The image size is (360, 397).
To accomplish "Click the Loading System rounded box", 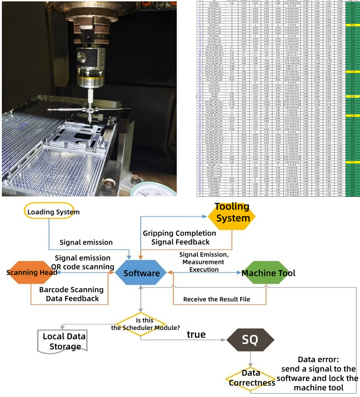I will [x=54, y=212].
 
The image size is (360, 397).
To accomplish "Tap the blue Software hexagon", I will [x=142, y=273].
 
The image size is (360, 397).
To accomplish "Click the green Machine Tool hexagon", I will [x=268, y=273].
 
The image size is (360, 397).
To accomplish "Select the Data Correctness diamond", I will [x=252, y=378].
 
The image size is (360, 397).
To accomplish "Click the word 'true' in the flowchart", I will [x=196, y=334].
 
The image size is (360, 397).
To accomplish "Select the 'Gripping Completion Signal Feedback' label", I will [x=176, y=237].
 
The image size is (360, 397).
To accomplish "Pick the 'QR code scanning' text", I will [x=82, y=267].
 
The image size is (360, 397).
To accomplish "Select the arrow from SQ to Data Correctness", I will [x=250, y=359].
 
